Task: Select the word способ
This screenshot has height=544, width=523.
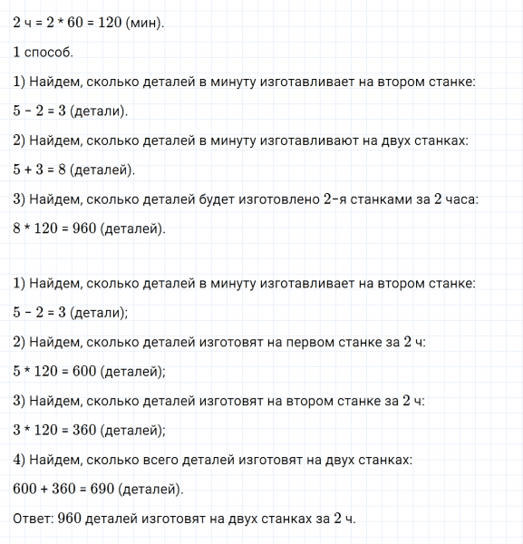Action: point(48,52)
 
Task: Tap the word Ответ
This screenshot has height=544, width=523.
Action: point(35,519)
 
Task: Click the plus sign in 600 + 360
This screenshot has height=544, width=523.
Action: point(44,489)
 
